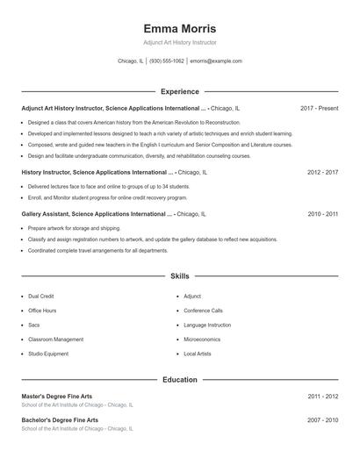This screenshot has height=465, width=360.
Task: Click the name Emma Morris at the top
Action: [179, 28]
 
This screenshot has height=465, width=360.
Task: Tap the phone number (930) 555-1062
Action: [167, 61]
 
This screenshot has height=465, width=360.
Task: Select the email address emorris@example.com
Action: [216, 61]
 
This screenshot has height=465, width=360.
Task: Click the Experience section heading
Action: [180, 91]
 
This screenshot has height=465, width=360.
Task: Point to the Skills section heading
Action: [180, 275]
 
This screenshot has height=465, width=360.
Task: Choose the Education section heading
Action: [180, 380]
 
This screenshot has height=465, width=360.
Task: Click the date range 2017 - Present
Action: [319, 108]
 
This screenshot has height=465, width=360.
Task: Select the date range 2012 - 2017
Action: [322, 173]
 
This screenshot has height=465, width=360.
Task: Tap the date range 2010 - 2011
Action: [322, 213]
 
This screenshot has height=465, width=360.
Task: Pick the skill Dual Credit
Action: [40, 297]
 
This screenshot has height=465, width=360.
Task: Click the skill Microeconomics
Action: [202, 339]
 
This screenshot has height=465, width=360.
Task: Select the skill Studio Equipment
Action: [47, 354]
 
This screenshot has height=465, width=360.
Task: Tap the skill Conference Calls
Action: [203, 311]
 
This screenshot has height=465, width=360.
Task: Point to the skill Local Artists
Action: [197, 354]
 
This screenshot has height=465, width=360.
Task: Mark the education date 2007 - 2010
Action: [322, 420]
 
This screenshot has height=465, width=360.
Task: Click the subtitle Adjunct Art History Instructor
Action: [179, 42]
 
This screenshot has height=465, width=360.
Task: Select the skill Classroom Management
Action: [55, 339]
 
